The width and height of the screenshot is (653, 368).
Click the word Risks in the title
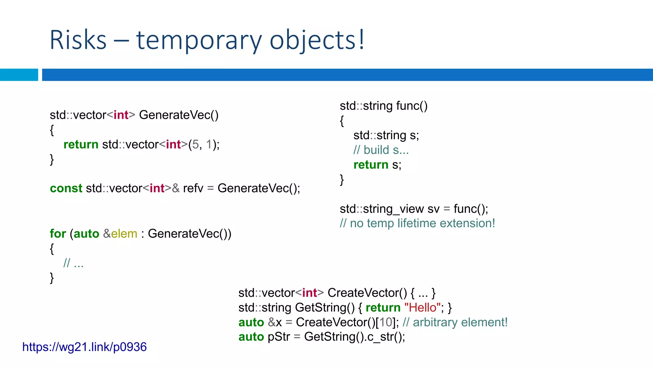[x=78, y=40]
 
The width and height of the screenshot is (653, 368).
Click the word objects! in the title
[x=317, y=40]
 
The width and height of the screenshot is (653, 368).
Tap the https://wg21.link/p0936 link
[x=84, y=347]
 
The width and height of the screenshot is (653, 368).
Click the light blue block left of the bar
[x=19, y=75]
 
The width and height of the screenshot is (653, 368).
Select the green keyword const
[x=66, y=188]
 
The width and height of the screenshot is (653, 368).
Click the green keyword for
[x=58, y=234]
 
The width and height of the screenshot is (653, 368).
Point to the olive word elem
[x=124, y=234]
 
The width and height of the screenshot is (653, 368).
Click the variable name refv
[x=193, y=188]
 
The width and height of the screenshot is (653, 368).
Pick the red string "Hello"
[x=422, y=307]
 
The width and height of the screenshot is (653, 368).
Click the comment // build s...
[x=381, y=150]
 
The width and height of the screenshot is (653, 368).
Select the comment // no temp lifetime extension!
[x=417, y=223]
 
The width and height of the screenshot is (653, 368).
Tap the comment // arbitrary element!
[x=455, y=322]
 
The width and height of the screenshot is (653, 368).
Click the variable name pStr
[x=279, y=337]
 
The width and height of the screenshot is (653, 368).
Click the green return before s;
[x=371, y=165]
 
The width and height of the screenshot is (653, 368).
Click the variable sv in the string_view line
[x=433, y=209]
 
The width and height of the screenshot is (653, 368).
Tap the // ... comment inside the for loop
[x=73, y=263]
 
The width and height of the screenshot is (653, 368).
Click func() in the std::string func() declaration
[x=412, y=106]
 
